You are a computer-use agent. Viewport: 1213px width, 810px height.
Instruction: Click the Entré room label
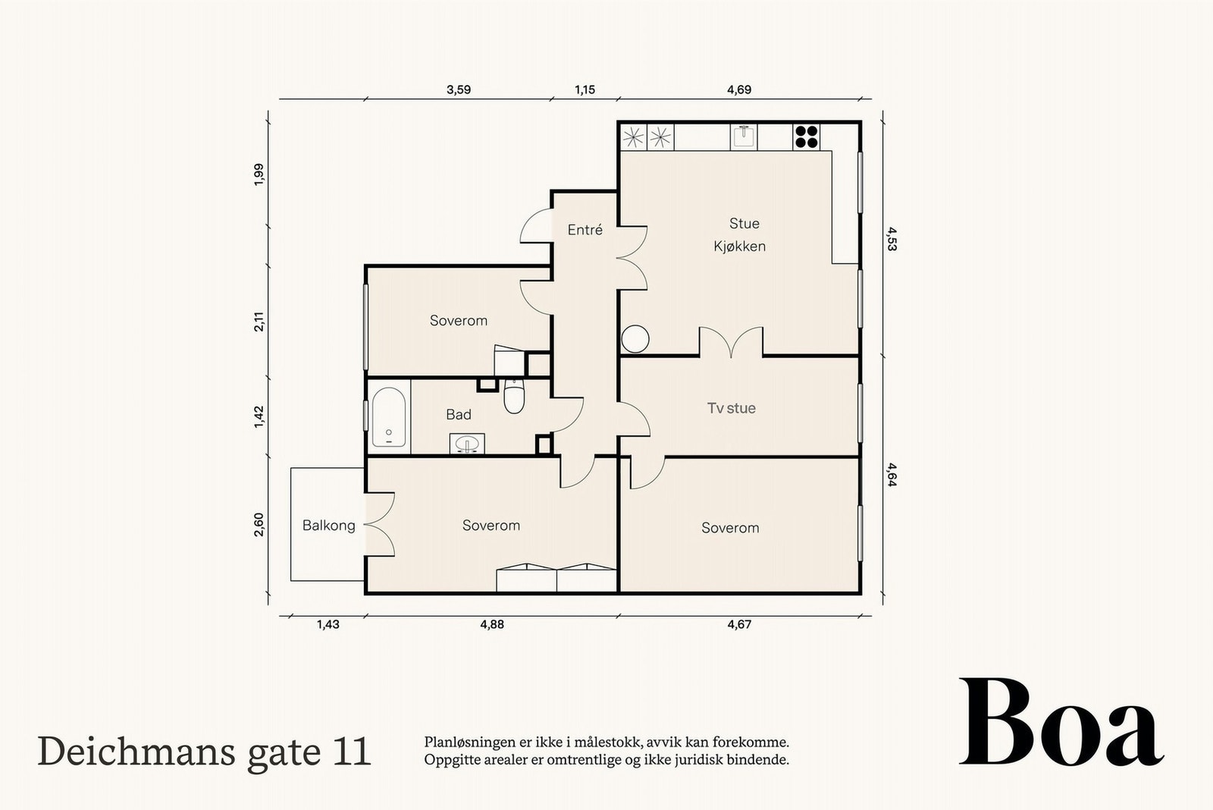point(585,230)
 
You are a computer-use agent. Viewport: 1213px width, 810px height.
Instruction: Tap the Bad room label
point(458,415)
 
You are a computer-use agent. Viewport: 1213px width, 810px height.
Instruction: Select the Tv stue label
point(731,408)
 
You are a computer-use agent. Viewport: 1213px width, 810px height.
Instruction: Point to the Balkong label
point(329,526)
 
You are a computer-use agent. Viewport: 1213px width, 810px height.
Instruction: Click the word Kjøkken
point(739,246)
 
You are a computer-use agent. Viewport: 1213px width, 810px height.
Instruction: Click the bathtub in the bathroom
point(389,416)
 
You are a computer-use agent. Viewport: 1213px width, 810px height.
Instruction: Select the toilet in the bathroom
point(513,396)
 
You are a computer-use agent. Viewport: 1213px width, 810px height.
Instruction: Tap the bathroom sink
point(467,444)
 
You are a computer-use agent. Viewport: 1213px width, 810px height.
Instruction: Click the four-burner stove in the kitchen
point(807,137)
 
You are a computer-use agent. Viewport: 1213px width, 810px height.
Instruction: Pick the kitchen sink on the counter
point(744,137)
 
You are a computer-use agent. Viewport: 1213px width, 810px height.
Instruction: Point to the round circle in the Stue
point(635,338)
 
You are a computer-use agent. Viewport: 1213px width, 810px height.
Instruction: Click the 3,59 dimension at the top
point(459,89)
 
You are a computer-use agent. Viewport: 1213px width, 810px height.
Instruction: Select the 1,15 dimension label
point(585,89)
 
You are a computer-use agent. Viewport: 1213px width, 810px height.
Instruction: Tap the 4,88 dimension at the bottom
point(492,624)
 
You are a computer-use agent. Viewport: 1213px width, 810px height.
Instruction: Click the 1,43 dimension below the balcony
point(328,624)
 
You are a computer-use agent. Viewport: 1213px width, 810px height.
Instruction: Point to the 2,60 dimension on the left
point(259,525)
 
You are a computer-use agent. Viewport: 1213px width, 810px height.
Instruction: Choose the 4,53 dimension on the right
point(892,239)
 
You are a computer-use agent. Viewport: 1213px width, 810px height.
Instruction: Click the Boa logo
point(1061,722)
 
